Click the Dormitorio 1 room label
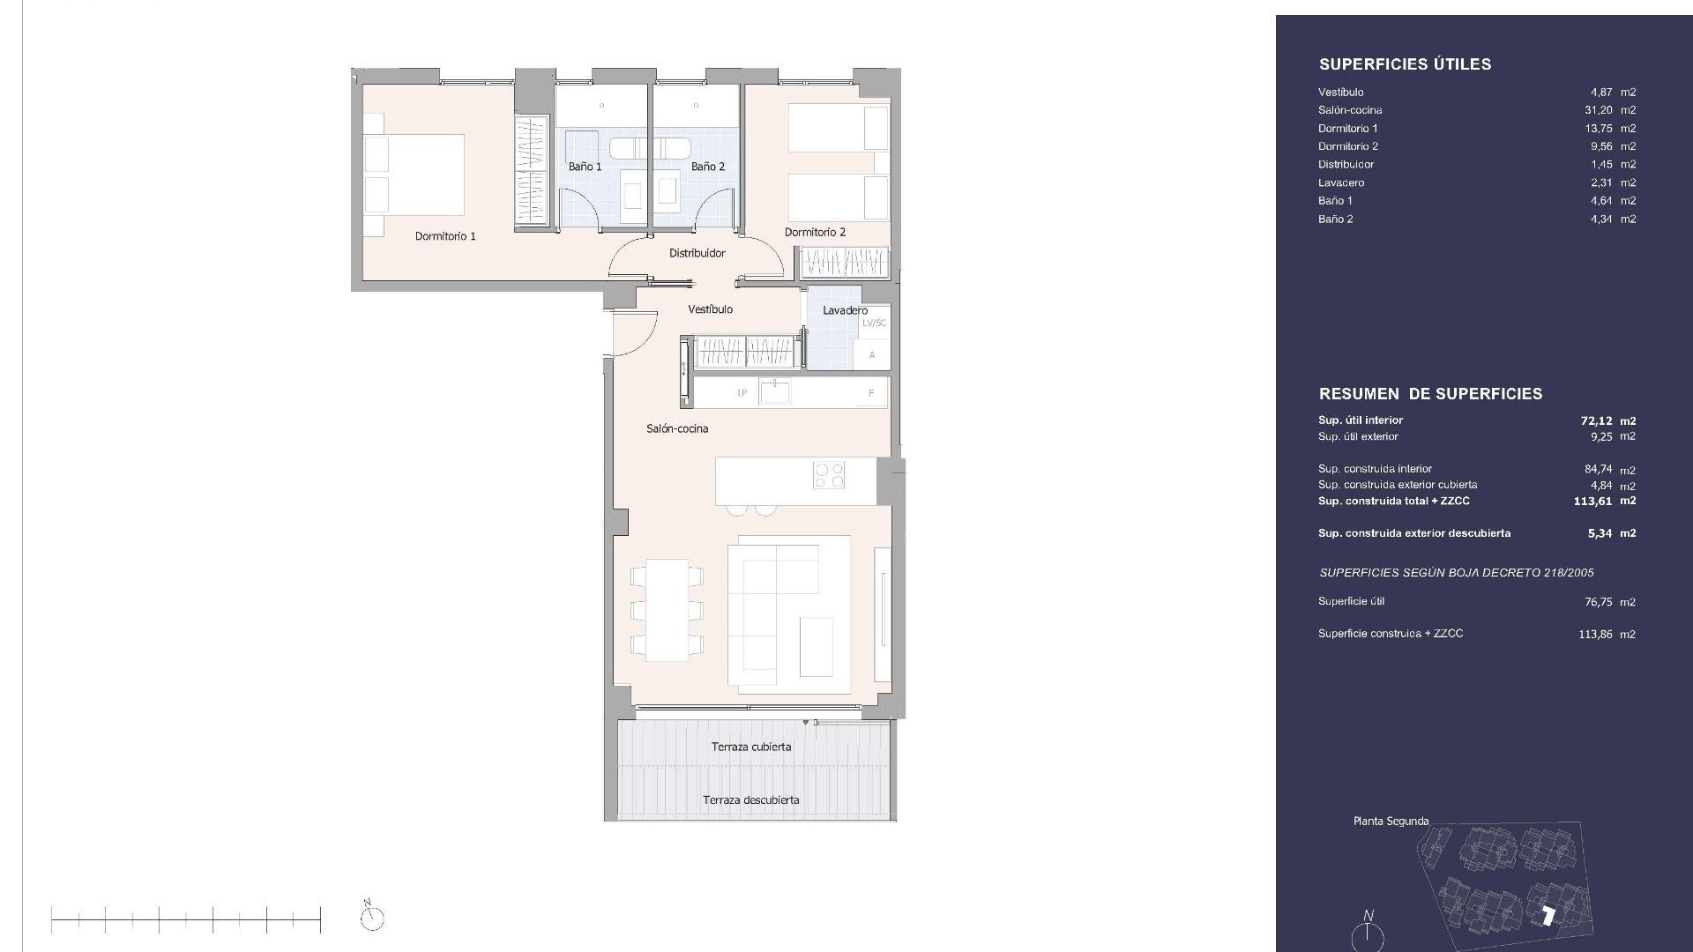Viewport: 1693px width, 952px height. (x=445, y=236)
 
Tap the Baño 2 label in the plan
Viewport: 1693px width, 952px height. (x=708, y=167)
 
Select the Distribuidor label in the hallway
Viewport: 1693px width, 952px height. (x=697, y=253)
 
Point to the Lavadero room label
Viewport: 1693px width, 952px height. (x=845, y=310)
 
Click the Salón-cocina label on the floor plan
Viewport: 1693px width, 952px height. (x=677, y=428)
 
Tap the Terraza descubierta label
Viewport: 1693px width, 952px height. (x=750, y=800)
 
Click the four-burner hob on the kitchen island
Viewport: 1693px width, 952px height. (x=830, y=475)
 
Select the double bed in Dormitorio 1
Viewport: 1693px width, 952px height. (x=414, y=175)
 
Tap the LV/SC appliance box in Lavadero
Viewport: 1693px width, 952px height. (x=874, y=323)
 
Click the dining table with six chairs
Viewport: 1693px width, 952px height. (x=667, y=609)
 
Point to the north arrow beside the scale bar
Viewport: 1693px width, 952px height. (x=372, y=917)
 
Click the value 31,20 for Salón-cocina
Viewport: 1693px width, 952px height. (x=1599, y=110)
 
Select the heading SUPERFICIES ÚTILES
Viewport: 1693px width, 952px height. (x=1405, y=64)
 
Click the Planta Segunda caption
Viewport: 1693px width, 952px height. (x=1391, y=821)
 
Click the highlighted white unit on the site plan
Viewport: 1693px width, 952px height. (x=1548, y=917)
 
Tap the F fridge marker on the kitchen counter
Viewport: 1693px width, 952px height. (x=871, y=393)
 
